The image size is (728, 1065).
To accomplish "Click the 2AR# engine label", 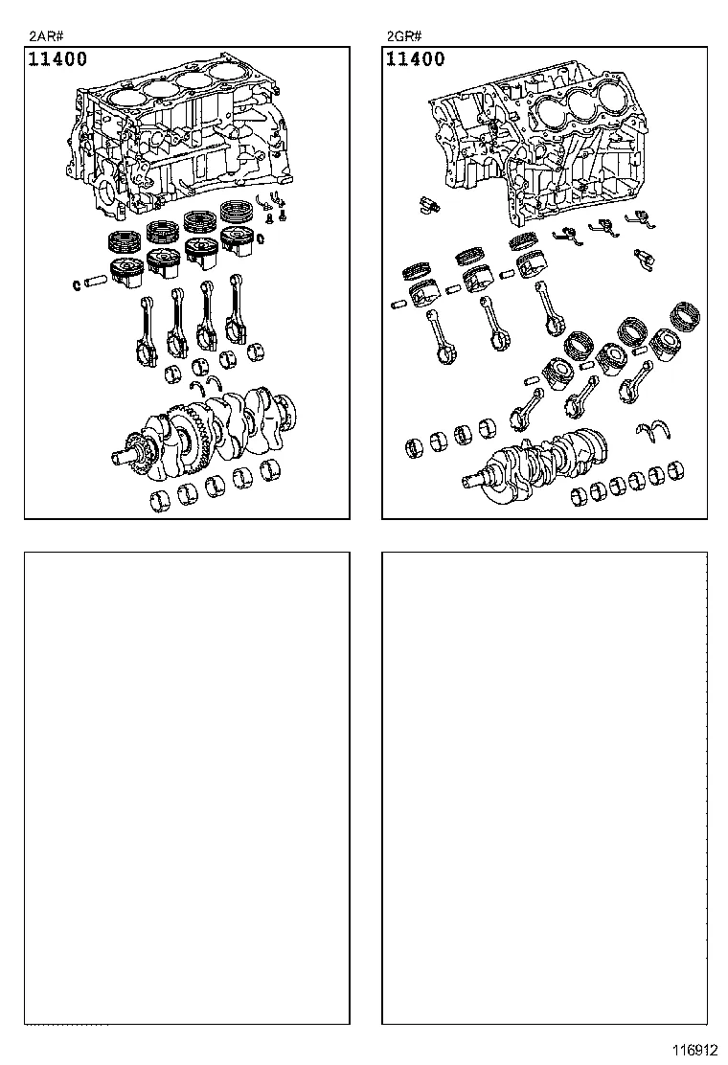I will [46, 37].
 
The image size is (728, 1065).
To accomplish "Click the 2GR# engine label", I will [403, 37].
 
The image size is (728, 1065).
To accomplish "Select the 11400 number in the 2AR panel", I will [57, 59].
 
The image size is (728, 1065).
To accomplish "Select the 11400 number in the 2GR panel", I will [416, 59].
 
